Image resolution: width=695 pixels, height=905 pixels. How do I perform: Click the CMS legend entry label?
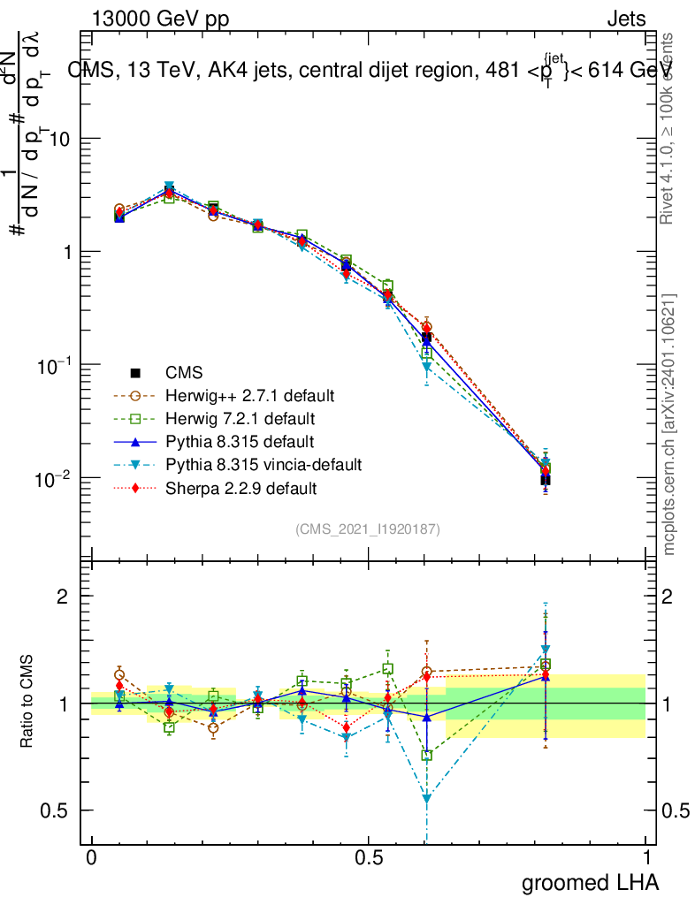187,372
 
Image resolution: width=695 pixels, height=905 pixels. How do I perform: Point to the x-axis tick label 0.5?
369,858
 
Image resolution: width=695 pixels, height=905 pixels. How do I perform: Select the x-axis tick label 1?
646,858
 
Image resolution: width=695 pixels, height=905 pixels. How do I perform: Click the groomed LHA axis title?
590,882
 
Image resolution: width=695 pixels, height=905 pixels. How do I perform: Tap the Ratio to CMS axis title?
28,703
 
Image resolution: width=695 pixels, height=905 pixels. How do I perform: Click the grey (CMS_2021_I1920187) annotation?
368,529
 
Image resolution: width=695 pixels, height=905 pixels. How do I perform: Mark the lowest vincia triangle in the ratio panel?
427,799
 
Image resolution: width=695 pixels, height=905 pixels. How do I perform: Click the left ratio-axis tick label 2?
63,597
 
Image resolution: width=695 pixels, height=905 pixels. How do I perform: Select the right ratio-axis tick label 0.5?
674,810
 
